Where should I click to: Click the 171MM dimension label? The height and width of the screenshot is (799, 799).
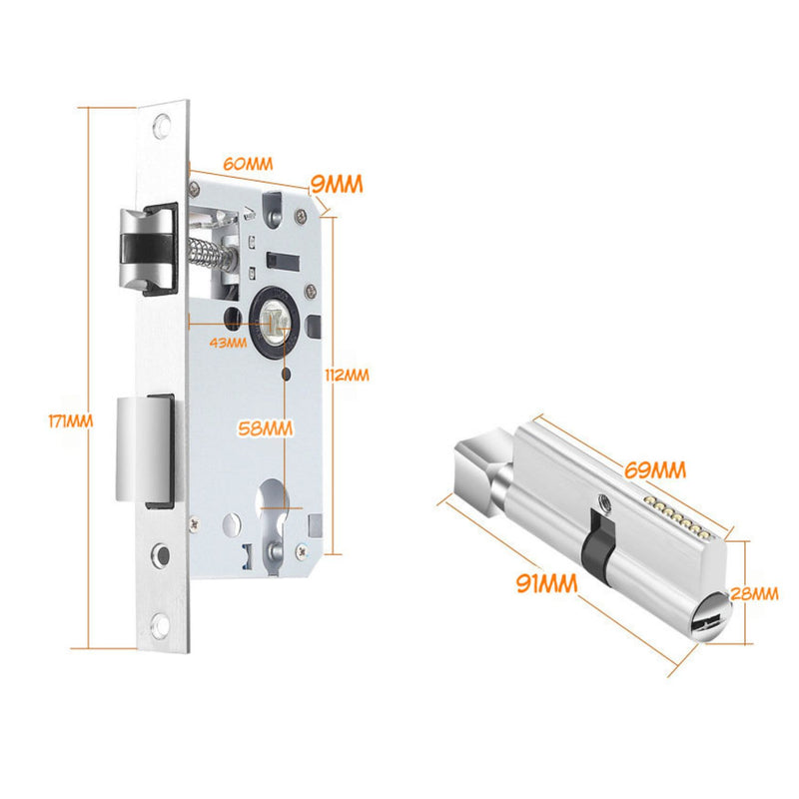pos(70,420)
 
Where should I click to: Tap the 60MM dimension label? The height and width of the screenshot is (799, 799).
pos(248,164)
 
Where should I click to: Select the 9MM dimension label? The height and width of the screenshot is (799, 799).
pos(337,184)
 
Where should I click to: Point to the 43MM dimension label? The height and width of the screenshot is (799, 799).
pos(228,343)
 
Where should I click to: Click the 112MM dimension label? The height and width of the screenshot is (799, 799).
pos(347,376)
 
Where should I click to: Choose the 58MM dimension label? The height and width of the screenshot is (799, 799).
pos(266,428)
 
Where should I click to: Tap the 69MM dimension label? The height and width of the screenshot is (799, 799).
pos(655,469)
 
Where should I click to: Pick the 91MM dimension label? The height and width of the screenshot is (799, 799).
pos(546,583)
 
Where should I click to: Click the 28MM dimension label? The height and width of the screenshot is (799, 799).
pos(755,593)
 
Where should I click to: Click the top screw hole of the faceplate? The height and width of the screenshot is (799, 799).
pos(162,126)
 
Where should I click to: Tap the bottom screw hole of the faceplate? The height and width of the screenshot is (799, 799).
pos(160,626)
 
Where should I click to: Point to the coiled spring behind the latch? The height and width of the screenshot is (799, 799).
pos(206,252)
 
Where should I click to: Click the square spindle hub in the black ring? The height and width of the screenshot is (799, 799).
pos(272,324)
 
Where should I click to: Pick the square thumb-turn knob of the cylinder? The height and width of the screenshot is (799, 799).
pos(479,468)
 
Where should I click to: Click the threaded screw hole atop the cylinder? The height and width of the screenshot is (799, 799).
pos(604,502)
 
